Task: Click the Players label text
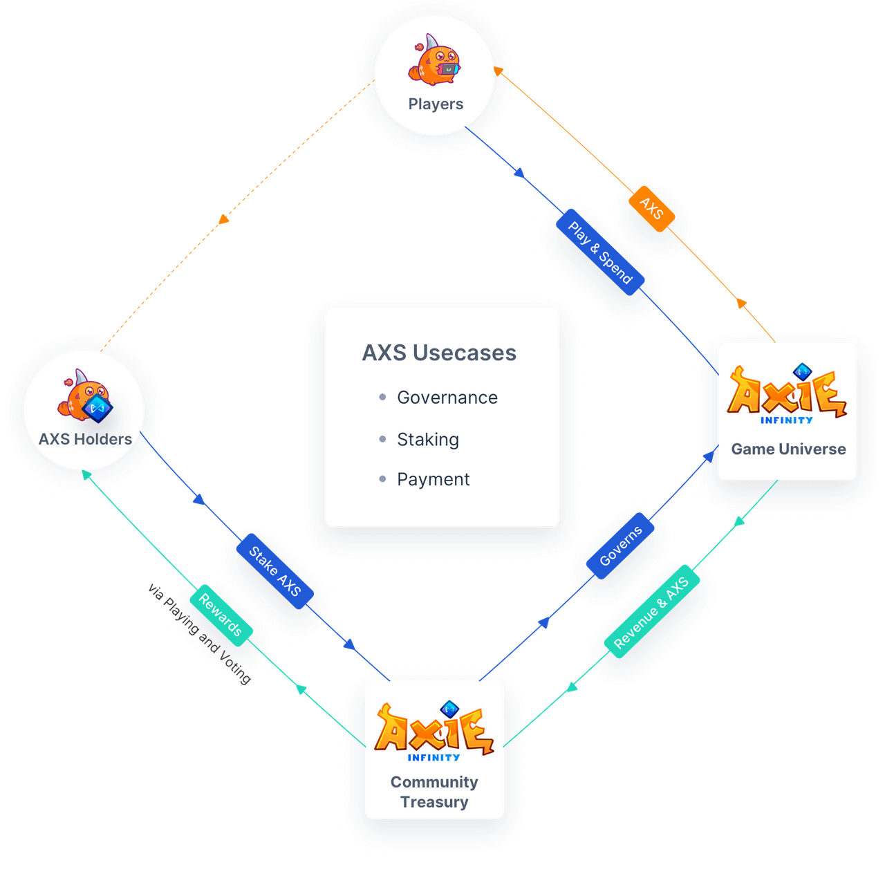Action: tap(436, 104)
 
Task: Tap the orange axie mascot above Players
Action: tap(435, 62)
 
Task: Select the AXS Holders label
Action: tap(85, 440)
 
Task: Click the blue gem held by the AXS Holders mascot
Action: tap(97, 409)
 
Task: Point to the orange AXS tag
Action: tap(651, 208)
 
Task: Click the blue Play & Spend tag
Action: tap(600, 252)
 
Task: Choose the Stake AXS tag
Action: tap(274, 571)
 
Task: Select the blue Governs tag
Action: tap(620, 546)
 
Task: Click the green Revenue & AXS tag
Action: tap(651, 613)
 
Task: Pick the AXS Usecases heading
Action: tap(439, 353)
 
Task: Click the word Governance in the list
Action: tap(447, 398)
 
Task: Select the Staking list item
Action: tap(428, 440)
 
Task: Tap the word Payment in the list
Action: tap(434, 480)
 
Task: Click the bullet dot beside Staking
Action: tap(382, 439)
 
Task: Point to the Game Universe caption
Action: tap(788, 449)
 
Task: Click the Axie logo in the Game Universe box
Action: tap(787, 393)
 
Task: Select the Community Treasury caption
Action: tap(434, 792)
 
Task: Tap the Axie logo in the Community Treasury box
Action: tap(434, 732)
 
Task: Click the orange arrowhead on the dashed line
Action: tap(223, 219)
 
